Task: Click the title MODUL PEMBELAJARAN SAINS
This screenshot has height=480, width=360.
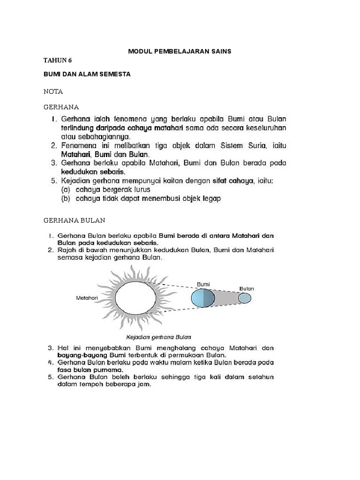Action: [x=180, y=52]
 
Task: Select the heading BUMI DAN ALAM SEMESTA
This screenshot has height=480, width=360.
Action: [x=87, y=75]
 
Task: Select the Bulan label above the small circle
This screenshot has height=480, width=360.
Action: [x=246, y=288]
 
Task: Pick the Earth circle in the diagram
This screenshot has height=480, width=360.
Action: [x=203, y=298]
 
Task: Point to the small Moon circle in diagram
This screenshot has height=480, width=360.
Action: [x=244, y=298]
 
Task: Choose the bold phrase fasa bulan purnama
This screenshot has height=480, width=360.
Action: [x=87, y=370]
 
